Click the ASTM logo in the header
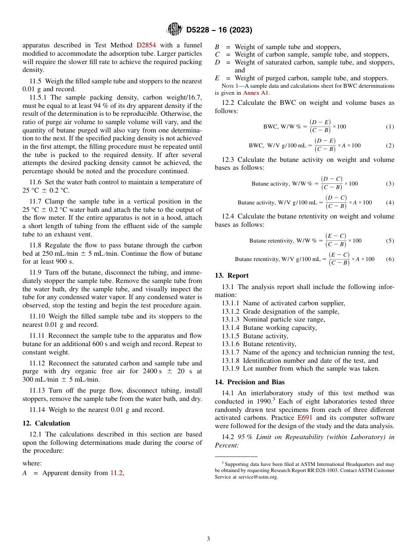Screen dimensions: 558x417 point(174,30)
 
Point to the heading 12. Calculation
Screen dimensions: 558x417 point(46,423)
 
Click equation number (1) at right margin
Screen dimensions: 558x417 point(390,127)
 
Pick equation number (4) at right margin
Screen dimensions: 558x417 point(390,202)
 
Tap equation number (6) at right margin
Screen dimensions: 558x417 point(390,259)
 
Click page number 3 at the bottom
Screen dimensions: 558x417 point(208,539)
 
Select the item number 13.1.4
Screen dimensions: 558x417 point(230,328)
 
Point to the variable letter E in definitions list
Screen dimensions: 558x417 point(217,79)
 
